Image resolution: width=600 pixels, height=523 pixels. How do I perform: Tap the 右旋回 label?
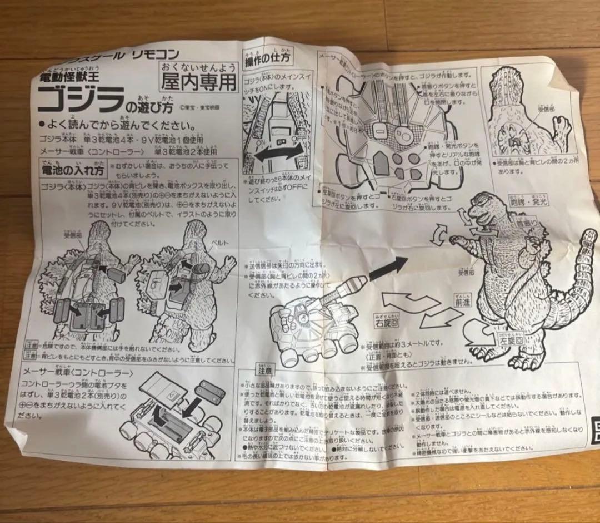click(x=387, y=321)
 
